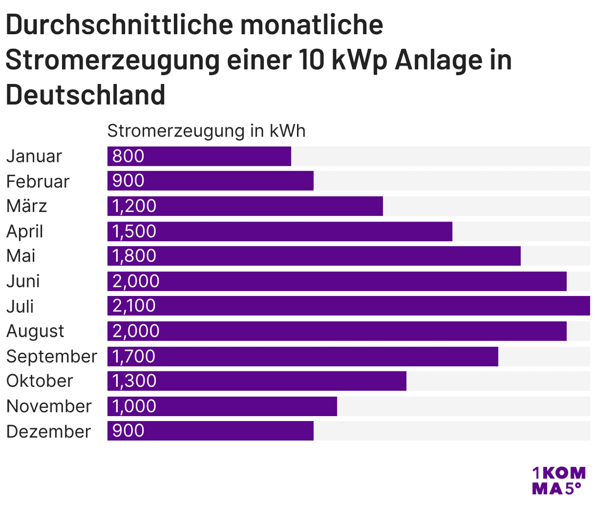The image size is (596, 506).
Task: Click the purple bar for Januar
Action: click(x=199, y=156)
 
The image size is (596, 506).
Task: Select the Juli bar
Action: click(x=348, y=306)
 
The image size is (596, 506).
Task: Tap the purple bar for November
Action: click(x=222, y=406)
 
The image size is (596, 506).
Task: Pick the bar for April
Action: click(x=280, y=231)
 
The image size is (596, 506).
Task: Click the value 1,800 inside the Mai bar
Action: click(x=134, y=256)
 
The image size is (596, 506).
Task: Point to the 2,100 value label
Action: click(x=134, y=306)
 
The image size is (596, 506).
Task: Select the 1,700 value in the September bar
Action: click(x=134, y=357)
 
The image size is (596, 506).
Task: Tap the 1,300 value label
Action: click(x=134, y=381)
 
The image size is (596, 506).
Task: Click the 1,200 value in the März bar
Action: click(x=134, y=206)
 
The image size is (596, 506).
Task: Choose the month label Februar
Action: click(x=38, y=181)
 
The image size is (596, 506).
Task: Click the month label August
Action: click(x=35, y=331)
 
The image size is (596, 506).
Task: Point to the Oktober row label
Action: click(x=40, y=381)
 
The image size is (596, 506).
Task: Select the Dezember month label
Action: click(x=49, y=431)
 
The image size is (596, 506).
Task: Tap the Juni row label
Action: click(x=23, y=281)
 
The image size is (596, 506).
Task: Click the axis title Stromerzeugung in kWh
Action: click(x=206, y=131)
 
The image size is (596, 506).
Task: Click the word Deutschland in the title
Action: click(x=85, y=94)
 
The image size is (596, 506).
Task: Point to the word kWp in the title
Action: click(x=359, y=60)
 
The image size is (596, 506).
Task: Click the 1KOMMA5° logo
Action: click(x=558, y=480)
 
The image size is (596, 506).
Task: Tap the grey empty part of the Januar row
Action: click(x=440, y=156)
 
